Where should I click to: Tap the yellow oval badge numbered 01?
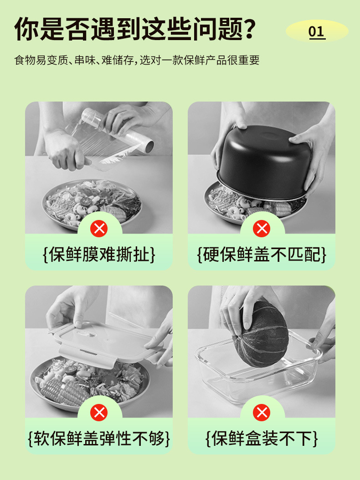(x=317, y=31)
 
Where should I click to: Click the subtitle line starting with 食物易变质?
(x=137, y=60)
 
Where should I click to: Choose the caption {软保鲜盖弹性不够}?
(x=99, y=439)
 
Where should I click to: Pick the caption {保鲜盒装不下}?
(x=262, y=439)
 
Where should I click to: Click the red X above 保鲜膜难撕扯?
(x=99, y=228)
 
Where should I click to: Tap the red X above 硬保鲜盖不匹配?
(x=262, y=228)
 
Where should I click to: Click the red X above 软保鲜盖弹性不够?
(x=99, y=413)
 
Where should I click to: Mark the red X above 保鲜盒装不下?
(x=262, y=413)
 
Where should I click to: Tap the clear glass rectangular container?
(x=255, y=378)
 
